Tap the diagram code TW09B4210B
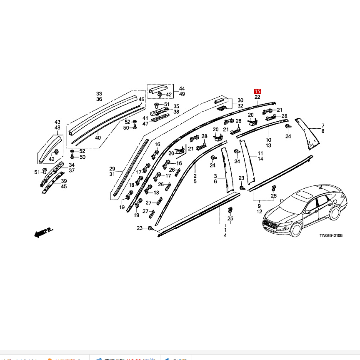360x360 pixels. [x=330, y=235]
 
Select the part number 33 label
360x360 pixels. [x=99, y=94]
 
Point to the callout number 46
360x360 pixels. [x=141, y=99]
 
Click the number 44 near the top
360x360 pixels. [x=182, y=89]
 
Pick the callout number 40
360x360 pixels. [x=98, y=137]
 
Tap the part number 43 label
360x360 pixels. [x=57, y=122]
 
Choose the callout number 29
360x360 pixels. [x=112, y=169]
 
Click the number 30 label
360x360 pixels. [x=240, y=100]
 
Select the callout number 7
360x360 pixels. [x=322, y=125]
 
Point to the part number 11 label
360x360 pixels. [x=260, y=153]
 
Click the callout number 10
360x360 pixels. [x=268, y=140]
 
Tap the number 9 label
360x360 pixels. [x=259, y=206]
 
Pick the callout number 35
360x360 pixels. [x=176, y=106]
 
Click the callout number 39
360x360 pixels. [x=64, y=181]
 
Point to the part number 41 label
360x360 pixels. [x=145, y=118]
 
